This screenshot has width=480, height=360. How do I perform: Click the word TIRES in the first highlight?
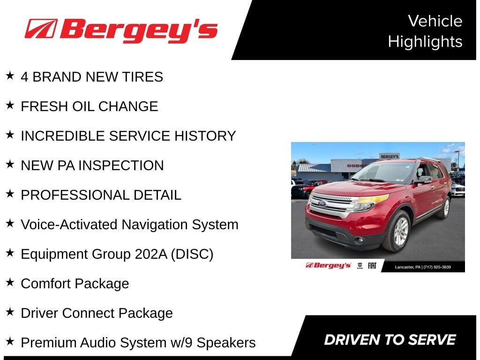point(142,77)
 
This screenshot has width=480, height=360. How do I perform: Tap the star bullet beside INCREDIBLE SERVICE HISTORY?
point(10,135)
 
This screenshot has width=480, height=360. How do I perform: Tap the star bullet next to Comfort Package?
point(10,282)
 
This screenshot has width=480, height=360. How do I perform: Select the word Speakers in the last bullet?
point(226,343)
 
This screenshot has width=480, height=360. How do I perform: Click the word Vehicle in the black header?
point(435,21)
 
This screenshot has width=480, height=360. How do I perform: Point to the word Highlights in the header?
point(425,42)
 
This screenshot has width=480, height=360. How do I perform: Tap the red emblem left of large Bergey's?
point(41,29)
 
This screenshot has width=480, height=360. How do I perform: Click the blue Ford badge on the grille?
point(322,203)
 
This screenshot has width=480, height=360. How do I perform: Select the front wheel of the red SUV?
point(397,231)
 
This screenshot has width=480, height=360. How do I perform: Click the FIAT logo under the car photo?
point(372,266)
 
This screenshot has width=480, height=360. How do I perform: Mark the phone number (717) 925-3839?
point(437,267)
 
